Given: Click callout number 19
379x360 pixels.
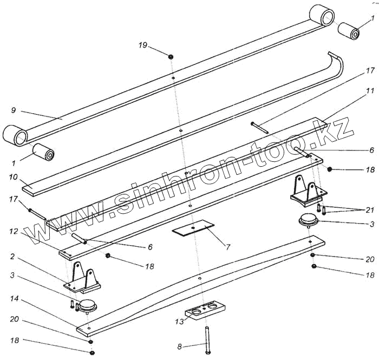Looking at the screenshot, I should tap(143, 45).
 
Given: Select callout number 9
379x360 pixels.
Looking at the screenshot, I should tap(12, 110).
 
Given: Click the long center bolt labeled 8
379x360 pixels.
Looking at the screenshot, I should tap(207, 338).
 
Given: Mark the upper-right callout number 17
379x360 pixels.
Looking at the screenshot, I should tap(370, 70).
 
